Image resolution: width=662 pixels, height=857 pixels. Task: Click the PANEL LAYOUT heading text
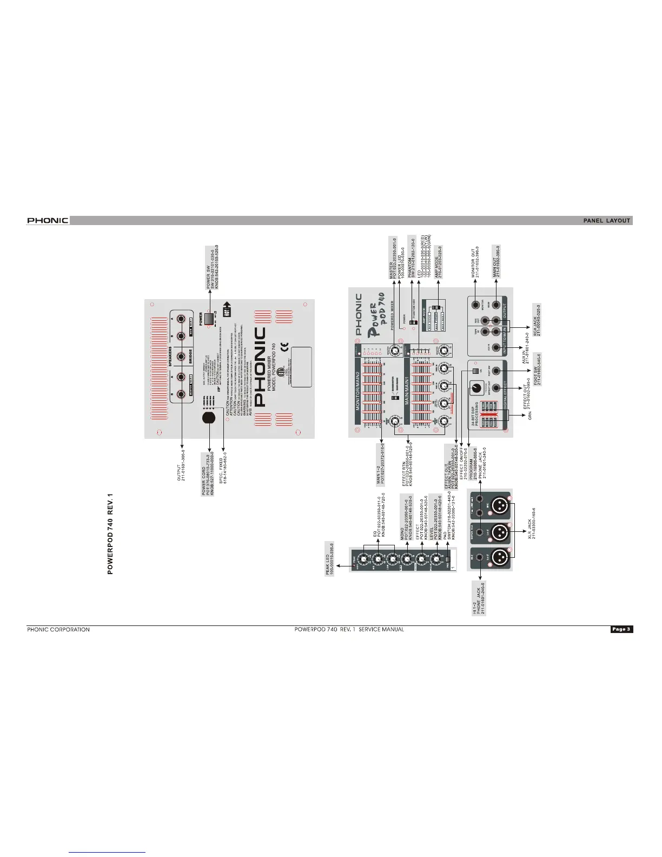(607, 220)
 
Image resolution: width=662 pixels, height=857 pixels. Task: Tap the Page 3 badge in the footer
(621, 629)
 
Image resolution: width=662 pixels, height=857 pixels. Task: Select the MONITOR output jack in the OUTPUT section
(476, 305)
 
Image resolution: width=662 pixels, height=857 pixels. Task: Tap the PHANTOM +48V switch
(412, 323)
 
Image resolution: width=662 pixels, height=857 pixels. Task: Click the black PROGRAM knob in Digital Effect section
(477, 388)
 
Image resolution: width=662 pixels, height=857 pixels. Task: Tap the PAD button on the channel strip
(447, 558)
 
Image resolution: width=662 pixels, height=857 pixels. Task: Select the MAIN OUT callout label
(495, 263)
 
